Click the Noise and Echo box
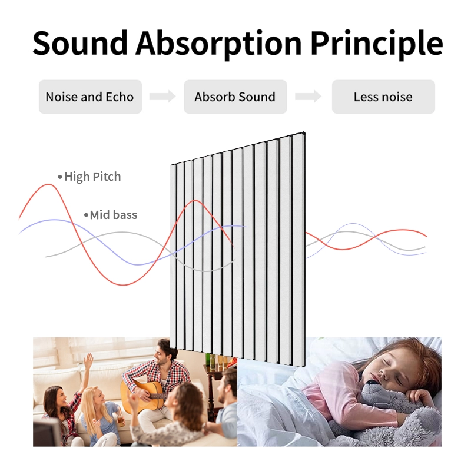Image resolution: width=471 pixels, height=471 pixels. [x=89, y=97]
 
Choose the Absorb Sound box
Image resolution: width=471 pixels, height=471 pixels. [x=235, y=97]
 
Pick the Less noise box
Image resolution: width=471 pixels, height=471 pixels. [x=383, y=97]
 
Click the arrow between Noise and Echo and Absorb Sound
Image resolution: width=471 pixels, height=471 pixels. [x=162, y=97]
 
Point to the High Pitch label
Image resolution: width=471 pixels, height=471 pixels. [x=92, y=177]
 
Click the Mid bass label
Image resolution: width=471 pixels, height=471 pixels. [x=114, y=215]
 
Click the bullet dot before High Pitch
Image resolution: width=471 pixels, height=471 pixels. [x=59, y=177]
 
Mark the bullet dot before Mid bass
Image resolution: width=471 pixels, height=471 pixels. [x=86, y=215]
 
